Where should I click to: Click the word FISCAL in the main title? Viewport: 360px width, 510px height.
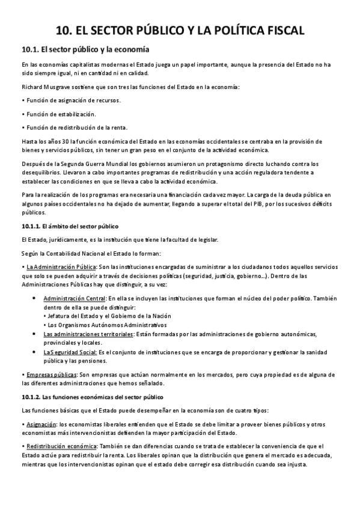coord(279,31)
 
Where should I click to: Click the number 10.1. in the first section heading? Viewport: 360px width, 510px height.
coord(30,49)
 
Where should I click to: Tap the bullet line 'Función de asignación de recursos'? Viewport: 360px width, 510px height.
coord(72,100)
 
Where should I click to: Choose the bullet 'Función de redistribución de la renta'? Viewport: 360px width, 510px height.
coord(75,127)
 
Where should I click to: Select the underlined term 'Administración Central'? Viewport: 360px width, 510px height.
coord(75,298)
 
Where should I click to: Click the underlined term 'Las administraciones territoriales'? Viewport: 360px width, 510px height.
coord(88,334)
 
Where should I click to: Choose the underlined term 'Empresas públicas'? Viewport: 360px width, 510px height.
coord(50,374)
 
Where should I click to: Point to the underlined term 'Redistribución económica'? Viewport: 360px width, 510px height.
coord(61,446)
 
